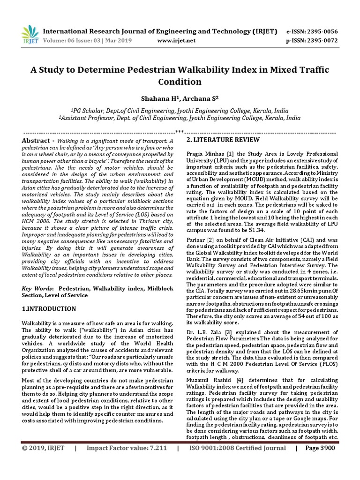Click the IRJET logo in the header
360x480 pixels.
pyautogui.click(x=30, y=34)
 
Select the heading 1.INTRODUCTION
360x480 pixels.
pyautogui.click(x=49, y=309)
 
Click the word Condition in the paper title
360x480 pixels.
pyautogui.click(x=180, y=82)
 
